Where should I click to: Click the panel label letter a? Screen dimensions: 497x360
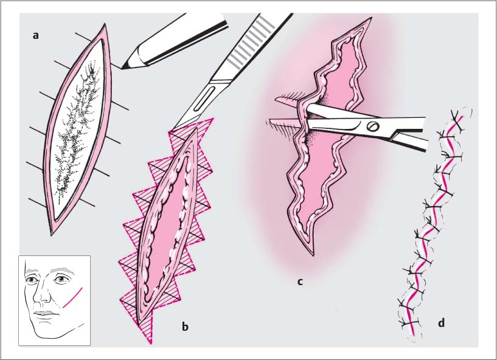click(35, 35)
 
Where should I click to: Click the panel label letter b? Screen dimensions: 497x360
click(185, 326)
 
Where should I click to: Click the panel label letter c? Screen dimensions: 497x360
click(300, 281)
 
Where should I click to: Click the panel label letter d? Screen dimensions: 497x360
click(441, 323)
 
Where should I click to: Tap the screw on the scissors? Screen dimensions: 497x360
click(373, 126)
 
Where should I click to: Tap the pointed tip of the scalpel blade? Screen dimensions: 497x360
click(172, 130)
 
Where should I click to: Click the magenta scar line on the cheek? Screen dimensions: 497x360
click(72, 297)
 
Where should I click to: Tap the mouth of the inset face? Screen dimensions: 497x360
click(46, 313)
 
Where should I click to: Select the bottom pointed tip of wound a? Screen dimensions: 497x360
click(52, 235)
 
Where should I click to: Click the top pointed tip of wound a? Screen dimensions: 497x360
click(105, 24)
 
